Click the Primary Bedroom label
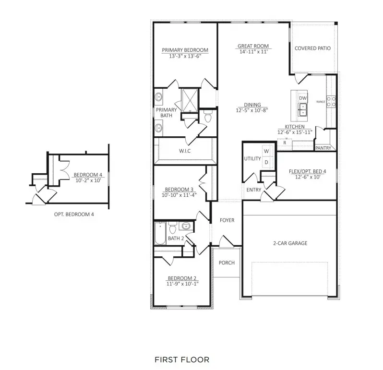point(185,50)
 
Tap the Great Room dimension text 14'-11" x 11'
point(253,52)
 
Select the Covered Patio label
point(312,48)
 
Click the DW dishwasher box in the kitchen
point(302,98)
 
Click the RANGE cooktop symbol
point(331,101)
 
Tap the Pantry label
point(323,148)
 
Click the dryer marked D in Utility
point(266,163)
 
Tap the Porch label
point(227,263)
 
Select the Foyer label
point(227,220)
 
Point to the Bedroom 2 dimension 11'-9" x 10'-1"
point(182,284)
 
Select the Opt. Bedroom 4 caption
point(74,215)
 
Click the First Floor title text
point(182,359)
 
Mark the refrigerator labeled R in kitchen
point(285,143)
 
